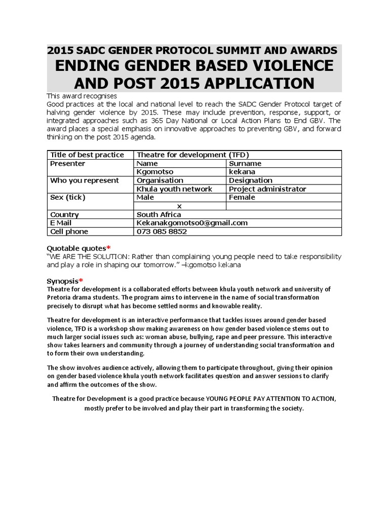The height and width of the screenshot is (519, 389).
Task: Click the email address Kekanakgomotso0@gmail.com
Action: [192, 223]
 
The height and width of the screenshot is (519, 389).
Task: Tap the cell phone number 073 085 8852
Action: [162, 232]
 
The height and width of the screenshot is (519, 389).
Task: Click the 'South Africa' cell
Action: [159, 215]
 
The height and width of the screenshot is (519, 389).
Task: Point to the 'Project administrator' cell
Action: [267, 189]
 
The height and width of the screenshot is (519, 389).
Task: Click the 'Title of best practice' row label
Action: [87, 155]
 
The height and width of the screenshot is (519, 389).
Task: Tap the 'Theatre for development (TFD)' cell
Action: [193, 155]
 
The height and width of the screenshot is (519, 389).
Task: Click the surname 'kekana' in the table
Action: [241, 172]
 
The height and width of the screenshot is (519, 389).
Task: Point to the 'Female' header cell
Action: [242, 198]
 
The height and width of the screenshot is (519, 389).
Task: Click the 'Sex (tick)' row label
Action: [67, 198]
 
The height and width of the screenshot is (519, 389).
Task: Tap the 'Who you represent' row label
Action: [85, 180]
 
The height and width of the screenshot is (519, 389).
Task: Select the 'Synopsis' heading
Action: [62, 281]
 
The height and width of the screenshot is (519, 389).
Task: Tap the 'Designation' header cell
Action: [250, 180]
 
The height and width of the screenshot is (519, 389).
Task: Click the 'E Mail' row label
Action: [62, 223]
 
